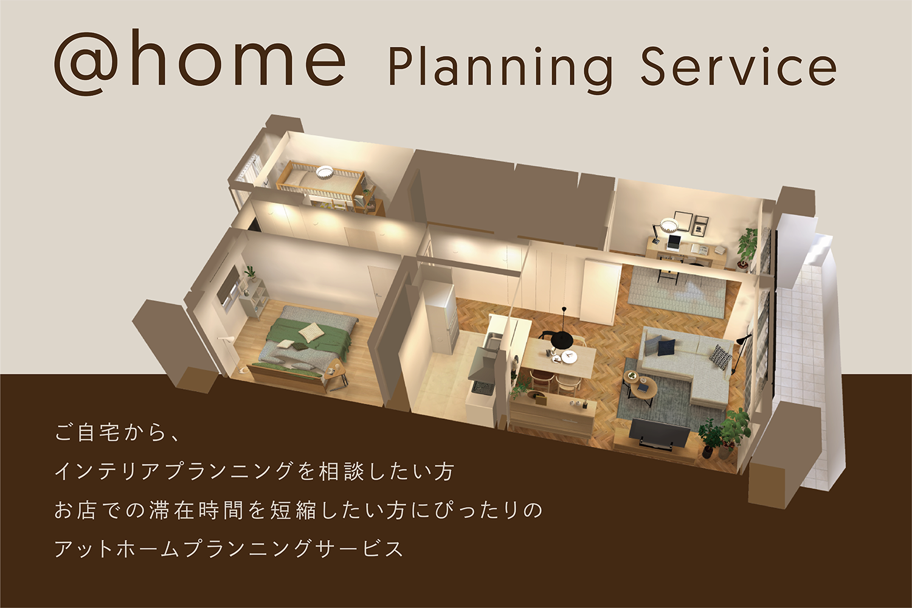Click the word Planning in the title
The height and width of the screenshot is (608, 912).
[x=501, y=70]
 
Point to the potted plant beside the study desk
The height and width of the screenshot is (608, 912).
[x=746, y=249]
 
